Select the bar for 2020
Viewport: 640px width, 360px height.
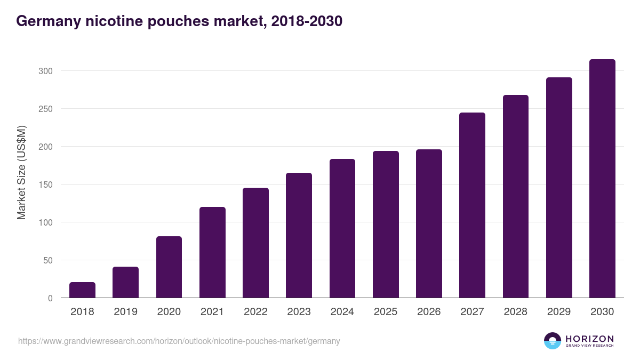tap(169, 267)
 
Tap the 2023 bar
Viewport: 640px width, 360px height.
tap(299, 235)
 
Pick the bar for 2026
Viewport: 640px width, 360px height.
tap(429, 223)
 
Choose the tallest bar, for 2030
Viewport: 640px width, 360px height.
tap(602, 179)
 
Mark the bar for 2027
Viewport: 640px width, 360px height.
tap(472, 205)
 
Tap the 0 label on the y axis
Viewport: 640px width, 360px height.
tap(50, 298)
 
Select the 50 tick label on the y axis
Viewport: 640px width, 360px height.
tap(48, 260)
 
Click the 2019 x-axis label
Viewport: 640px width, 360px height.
tap(125, 312)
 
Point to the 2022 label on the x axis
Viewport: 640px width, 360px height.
tap(255, 312)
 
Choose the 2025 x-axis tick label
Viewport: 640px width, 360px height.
tap(386, 312)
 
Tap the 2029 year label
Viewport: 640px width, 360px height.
tap(559, 312)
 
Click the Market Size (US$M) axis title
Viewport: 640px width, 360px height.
tap(21, 172)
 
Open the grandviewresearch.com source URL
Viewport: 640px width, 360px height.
tap(179, 341)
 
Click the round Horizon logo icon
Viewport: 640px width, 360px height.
tap(553, 341)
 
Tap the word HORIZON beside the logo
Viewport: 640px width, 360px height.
tap(589, 338)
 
